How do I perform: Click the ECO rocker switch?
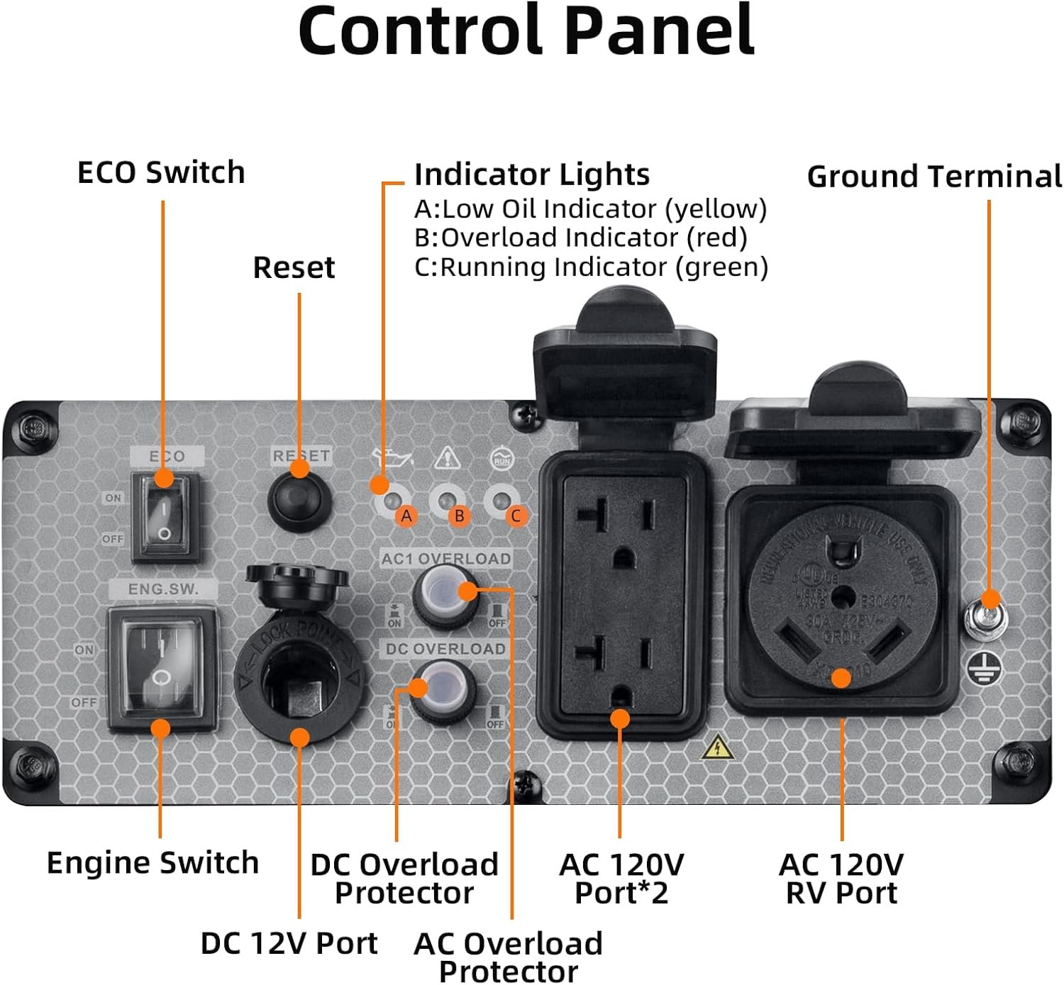(x=165, y=518)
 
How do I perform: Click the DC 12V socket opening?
(x=299, y=684)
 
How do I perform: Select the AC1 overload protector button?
(x=445, y=594)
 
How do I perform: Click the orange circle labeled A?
(x=406, y=516)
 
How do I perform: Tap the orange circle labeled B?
(x=460, y=516)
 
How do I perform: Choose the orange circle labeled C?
(x=516, y=516)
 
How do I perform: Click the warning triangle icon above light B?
(x=447, y=458)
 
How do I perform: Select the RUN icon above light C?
(x=502, y=459)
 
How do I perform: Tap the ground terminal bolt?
(x=987, y=616)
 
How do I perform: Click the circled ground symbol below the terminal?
(x=985, y=668)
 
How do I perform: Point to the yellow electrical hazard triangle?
(x=718, y=748)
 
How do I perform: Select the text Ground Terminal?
(x=934, y=176)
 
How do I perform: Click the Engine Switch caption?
(x=153, y=862)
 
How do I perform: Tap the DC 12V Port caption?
(x=289, y=942)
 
